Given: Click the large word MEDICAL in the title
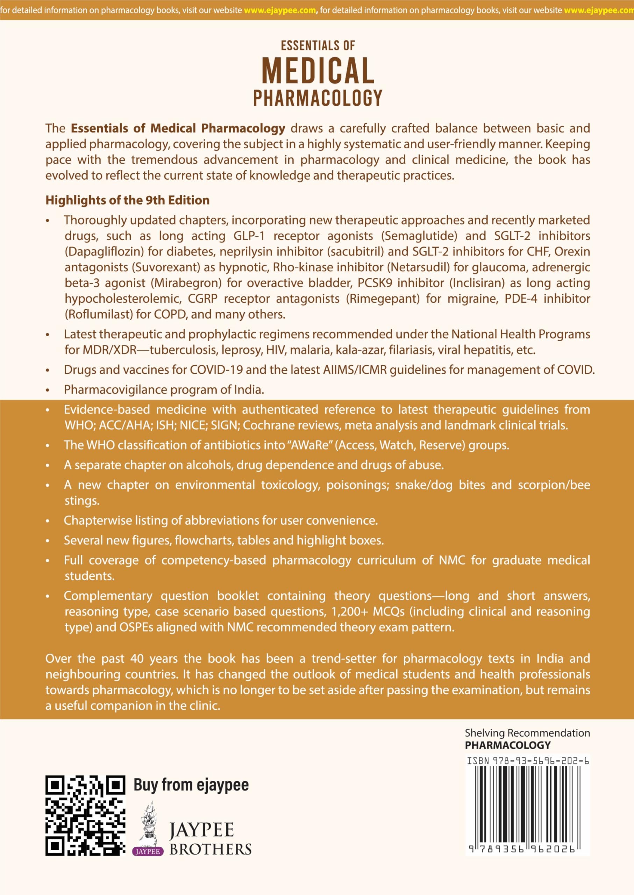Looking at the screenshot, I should (318, 71).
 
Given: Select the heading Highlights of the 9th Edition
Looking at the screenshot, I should (127, 200).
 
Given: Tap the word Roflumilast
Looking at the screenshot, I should (99, 314).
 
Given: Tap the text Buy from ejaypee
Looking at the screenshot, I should (191, 785).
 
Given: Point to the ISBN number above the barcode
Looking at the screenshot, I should (527, 761).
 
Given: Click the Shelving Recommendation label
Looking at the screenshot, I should (527, 733).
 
